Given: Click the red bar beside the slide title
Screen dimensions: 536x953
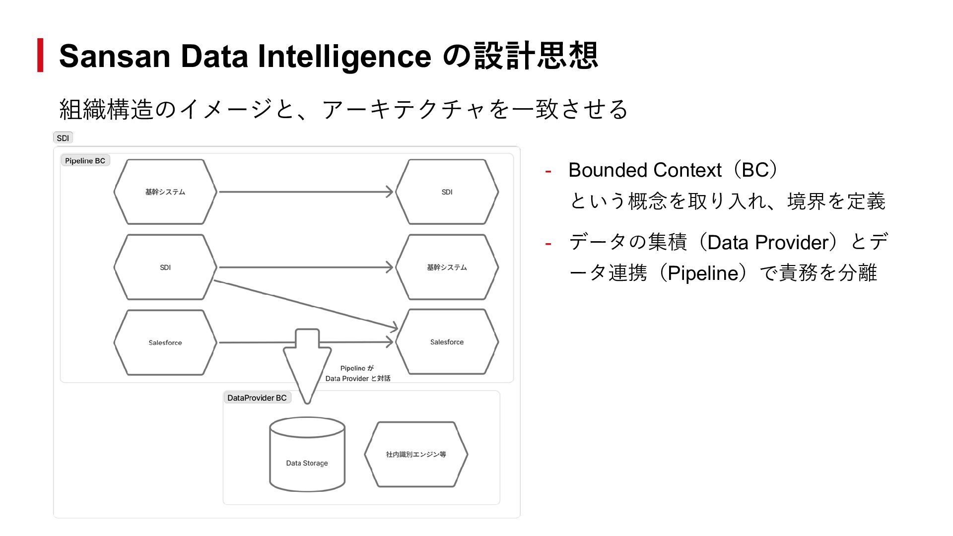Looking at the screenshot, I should (x=40, y=55).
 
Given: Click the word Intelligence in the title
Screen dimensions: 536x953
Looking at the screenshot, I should (x=344, y=56).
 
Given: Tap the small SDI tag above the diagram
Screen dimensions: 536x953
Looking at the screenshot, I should (x=63, y=138).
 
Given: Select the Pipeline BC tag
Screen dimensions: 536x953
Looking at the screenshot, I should (x=85, y=161).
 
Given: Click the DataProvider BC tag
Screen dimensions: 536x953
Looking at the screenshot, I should (x=257, y=398).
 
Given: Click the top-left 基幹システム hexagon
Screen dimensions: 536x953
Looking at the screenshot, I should (x=165, y=192).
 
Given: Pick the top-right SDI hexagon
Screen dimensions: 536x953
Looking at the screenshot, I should (x=447, y=192).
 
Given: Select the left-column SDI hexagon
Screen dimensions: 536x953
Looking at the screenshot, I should (x=165, y=268).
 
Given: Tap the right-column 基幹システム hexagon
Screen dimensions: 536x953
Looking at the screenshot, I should (x=447, y=268).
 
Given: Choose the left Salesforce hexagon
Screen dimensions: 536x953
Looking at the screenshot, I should (x=165, y=342).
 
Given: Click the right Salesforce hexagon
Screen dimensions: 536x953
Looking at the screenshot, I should (x=447, y=342).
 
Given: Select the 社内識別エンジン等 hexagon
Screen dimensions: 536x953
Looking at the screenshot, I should (x=416, y=454).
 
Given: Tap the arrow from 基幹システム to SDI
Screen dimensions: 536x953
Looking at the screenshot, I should (x=305, y=192).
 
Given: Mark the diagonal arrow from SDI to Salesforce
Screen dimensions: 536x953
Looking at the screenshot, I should (x=305, y=304).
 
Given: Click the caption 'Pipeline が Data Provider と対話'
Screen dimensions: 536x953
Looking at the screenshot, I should (x=357, y=373).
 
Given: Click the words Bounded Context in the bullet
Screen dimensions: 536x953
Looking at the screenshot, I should (x=644, y=170).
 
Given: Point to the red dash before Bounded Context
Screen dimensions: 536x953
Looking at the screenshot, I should (x=548, y=171).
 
